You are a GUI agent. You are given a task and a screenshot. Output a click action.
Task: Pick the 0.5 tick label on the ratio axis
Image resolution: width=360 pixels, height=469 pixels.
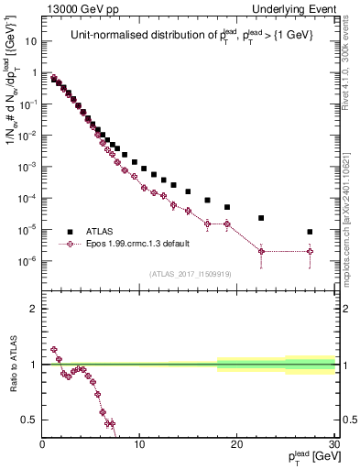pyautogui.click(x=29, y=420)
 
